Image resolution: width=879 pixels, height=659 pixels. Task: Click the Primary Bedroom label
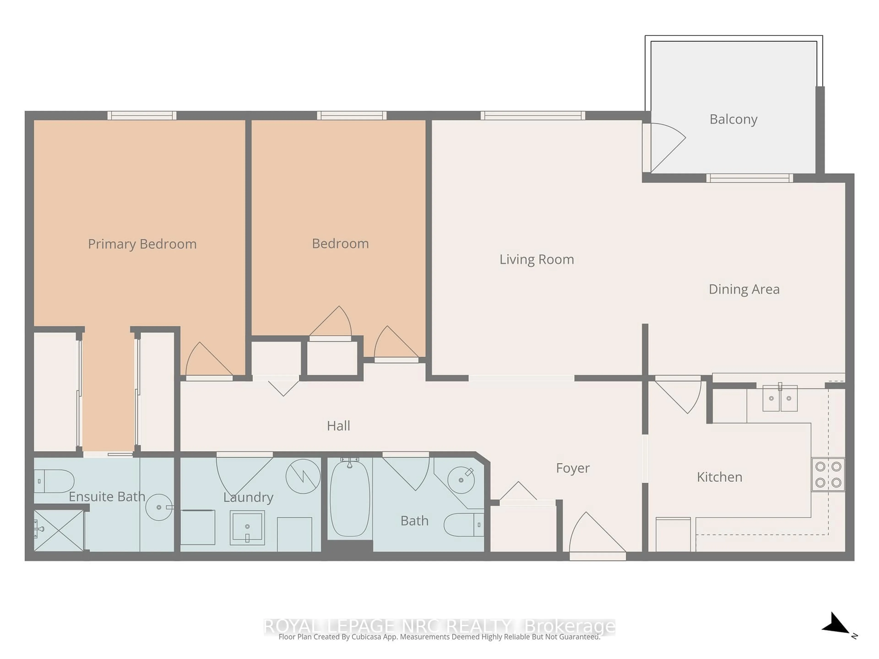click(x=142, y=244)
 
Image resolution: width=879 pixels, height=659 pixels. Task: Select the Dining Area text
click(x=744, y=289)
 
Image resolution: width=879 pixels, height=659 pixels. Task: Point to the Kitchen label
click(x=719, y=477)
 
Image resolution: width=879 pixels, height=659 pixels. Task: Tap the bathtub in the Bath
click(x=350, y=499)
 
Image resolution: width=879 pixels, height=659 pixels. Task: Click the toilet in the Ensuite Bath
click(x=54, y=481)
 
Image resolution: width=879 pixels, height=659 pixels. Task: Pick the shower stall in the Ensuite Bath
click(x=59, y=530)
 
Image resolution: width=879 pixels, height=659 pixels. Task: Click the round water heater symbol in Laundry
click(x=303, y=476)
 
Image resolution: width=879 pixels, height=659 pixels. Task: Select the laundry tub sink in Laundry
click(x=247, y=527)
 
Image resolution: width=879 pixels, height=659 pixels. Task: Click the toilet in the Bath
click(x=463, y=525)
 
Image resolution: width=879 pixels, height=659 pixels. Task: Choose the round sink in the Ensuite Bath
click(x=159, y=507)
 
